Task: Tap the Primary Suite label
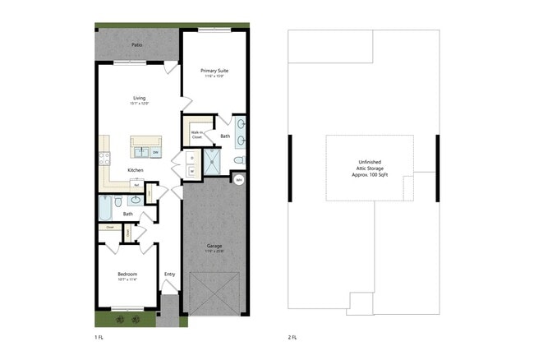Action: point(215,72)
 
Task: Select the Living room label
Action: point(139,98)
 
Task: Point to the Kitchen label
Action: point(136,170)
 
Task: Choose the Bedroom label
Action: point(127,275)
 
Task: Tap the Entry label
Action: point(170,275)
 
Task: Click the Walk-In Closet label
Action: point(197,135)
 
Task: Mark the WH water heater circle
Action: point(239,179)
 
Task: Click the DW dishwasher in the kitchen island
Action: point(155,152)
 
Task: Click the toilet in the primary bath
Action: point(239,159)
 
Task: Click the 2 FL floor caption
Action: point(292,337)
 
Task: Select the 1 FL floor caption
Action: point(99,337)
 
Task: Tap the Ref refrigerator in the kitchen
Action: point(136,186)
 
